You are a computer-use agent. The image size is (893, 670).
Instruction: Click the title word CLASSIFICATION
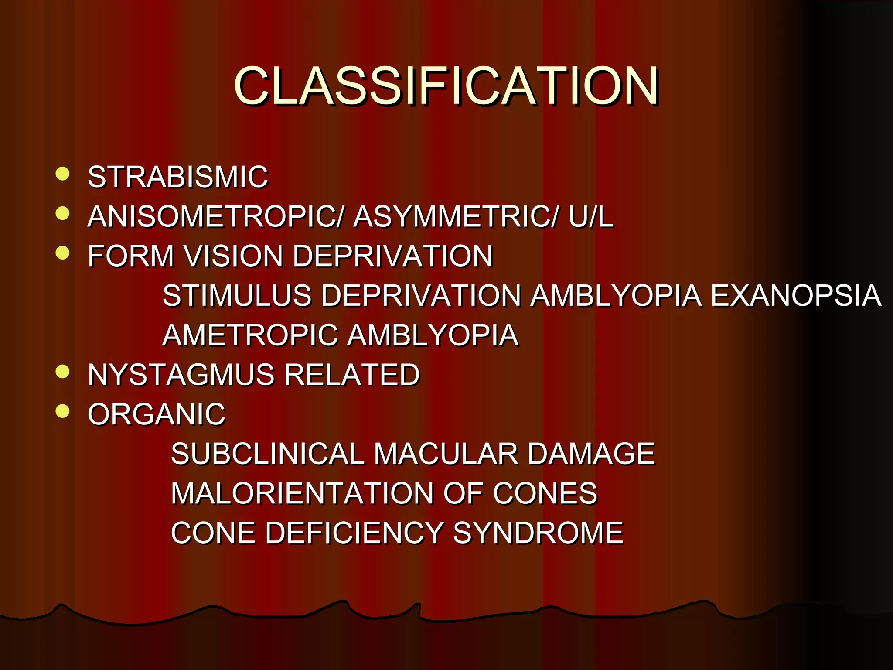pos(446,86)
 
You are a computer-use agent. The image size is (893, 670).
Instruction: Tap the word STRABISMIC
pos(178,177)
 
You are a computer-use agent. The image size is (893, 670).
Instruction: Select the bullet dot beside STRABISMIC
pos(63,174)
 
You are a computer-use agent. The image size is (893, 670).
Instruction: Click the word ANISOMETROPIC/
pos(216,216)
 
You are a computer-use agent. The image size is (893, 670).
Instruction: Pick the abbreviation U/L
pos(591,216)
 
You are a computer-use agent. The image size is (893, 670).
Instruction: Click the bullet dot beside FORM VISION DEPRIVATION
pos(63,253)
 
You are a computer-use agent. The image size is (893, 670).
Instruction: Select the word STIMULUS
pos(237,295)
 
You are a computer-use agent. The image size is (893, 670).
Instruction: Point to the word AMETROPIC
pos(250,335)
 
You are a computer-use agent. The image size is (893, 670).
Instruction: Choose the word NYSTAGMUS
pos(181,375)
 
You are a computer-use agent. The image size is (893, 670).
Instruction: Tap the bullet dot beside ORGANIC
pos(63,410)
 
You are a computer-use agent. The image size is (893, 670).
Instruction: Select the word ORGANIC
pos(157,414)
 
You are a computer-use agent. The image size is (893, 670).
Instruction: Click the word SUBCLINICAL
pos(267,454)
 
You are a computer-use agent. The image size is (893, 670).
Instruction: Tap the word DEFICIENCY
pos(354,533)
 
